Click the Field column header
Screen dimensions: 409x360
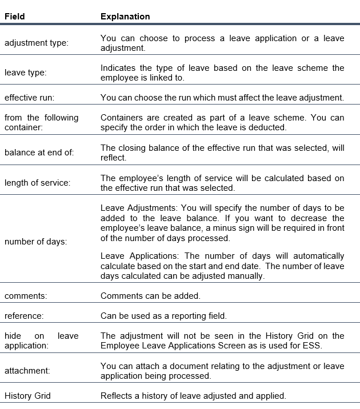(15, 17)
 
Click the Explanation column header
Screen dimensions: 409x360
(125, 17)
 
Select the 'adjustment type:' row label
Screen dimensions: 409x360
(36, 43)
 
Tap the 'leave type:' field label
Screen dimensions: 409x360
(26, 73)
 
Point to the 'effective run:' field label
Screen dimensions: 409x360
(29, 98)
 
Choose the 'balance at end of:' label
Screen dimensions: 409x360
(35, 153)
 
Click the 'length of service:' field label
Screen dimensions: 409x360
(37, 183)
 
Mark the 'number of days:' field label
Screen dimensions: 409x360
(35, 242)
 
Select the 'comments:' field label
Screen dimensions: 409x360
(25, 295)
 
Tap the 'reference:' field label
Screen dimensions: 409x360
(24, 316)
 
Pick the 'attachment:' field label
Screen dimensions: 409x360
(27, 370)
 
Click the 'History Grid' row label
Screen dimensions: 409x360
(29, 395)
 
